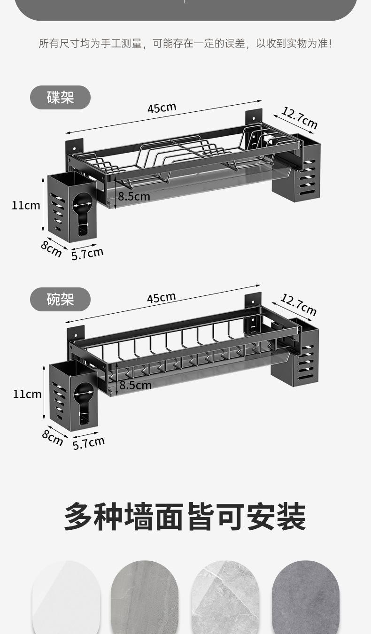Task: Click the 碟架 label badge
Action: click(x=60, y=97)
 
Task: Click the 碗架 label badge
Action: click(x=60, y=300)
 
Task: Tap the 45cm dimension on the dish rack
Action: click(x=162, y=108)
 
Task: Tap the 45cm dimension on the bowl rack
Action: click(x=162, y=297)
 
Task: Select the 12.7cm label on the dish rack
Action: click(x=300, y=118)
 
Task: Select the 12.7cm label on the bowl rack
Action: click(x=299, y=304)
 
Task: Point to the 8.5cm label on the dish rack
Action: click(x=134, y=196)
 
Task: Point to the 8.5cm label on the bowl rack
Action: click(x=135, y=385)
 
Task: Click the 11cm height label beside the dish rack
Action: click(x=26, y=206)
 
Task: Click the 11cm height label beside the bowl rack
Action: click(x=27, y=394)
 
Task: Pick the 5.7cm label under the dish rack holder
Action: click(x=87, y=254)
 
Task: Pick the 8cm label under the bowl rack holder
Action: click(x=52, y=438)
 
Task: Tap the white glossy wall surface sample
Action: click(x=66, y=597)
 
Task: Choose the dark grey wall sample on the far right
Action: click(x=306, y=597)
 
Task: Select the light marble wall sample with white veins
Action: click(x=225, y=597)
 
